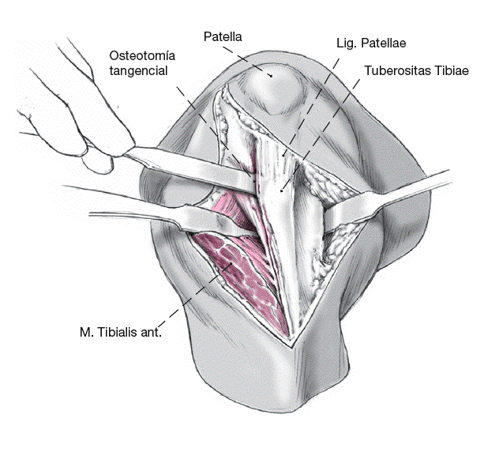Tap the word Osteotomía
[x=140, y=55]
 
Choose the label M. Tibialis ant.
[x=121, y=333]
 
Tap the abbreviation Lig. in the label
[x=344, y=43]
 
